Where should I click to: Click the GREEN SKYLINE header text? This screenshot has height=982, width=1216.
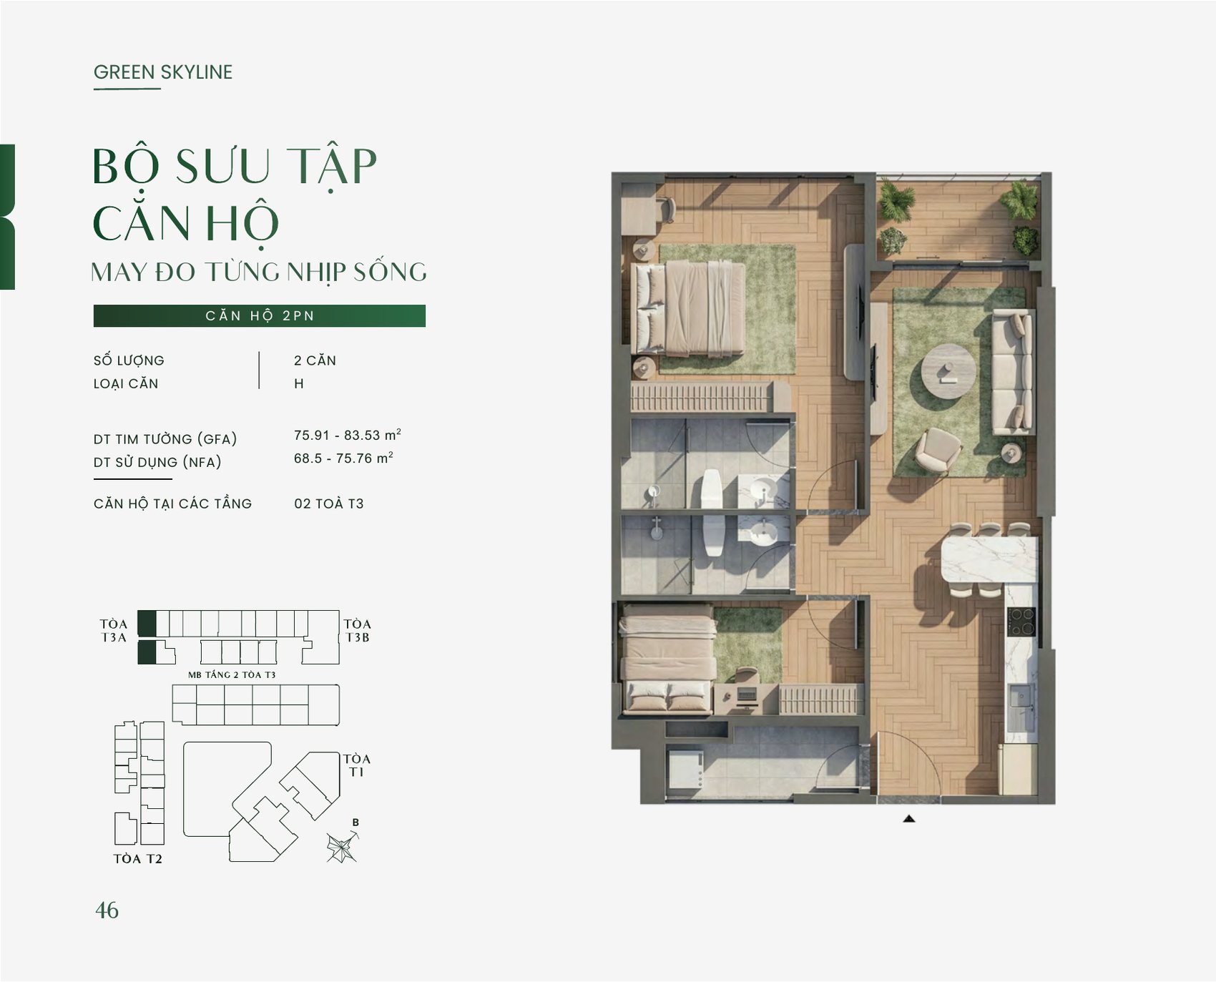click(163, 72)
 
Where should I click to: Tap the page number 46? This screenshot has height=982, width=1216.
click(107, 910)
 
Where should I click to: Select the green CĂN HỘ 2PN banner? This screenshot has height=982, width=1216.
click(260, 315)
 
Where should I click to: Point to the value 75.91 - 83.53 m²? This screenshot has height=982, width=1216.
click(348, 435)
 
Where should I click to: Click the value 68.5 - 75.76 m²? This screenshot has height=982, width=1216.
click(343, 458)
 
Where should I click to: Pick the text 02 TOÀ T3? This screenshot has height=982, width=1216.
click(329, 504)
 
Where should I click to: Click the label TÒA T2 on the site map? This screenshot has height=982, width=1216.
click(138, 859)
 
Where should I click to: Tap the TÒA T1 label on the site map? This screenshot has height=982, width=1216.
click(356, 765)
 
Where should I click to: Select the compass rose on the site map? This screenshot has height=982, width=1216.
click(342, 847)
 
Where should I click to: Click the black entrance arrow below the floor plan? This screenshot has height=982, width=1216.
click(909, 818)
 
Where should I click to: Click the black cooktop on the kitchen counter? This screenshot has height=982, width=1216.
click(1021, 622)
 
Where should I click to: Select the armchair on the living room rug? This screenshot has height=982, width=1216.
click(938, 451)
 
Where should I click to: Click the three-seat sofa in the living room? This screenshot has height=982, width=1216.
click(1012, 371)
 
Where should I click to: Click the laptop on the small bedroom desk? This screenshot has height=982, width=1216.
click(747, 694)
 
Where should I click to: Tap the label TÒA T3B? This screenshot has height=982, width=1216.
click(357, 631)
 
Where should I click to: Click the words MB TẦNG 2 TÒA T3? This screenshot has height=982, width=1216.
click(232, 674)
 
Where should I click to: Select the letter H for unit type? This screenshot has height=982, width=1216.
click(299, 383)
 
